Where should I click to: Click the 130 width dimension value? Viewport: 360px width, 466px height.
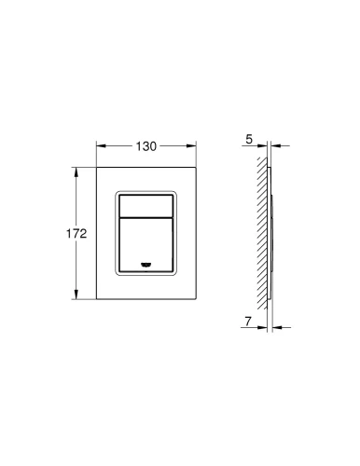145,146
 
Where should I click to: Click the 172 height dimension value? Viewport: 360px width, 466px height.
76,234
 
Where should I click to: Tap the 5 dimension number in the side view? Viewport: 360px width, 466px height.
249,140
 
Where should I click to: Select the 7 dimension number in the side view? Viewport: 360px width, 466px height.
247,322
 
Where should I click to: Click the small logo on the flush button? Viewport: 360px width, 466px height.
145,265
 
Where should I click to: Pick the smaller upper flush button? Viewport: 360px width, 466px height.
145,206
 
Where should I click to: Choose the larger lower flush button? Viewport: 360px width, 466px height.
145,245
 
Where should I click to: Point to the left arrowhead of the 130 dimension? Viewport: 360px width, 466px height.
101,146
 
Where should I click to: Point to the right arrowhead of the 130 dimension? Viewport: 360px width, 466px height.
191,146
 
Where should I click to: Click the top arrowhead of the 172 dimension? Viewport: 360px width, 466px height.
76,172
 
